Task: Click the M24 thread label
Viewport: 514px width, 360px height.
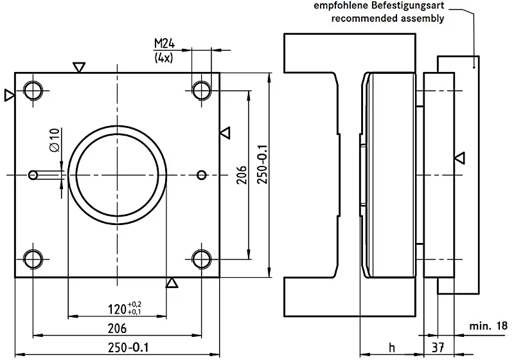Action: [164, 44]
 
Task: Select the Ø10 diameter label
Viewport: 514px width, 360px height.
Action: [54, 139]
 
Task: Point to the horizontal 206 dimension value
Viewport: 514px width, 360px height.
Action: [116, 328]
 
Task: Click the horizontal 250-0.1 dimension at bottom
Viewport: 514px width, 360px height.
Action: [126, 347]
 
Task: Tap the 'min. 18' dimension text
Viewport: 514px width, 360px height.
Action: [488, 327]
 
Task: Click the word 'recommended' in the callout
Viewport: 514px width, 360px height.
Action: [360, 18]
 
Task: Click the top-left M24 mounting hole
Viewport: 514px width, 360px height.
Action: [32, 89]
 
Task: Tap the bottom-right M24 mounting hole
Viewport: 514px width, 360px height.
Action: [202, 258]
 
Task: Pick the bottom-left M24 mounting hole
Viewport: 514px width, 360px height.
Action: [32, 258]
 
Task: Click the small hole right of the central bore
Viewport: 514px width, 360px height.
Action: [202, 174]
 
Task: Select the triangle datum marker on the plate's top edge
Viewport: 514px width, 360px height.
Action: [79, 67]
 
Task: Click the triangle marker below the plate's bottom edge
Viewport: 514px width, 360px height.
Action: [172, 283]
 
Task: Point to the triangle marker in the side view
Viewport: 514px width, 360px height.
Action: [459, 157]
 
